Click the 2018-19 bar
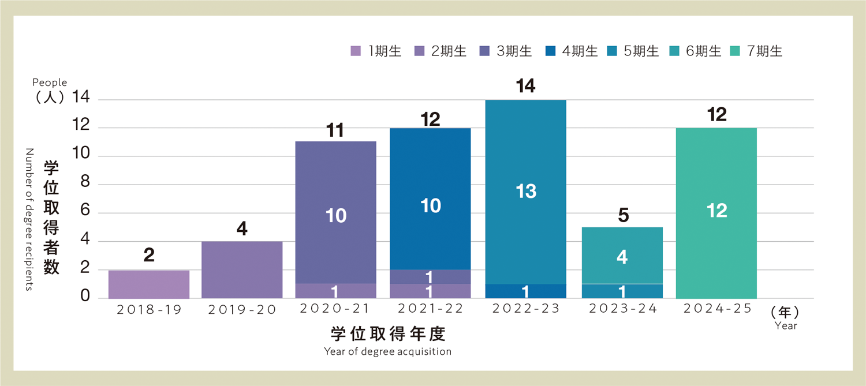pyautogui.click(x=149, y=284)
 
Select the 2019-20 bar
pyautogui.click(x=242, y=269)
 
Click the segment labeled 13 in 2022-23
pyautogui.click(x=526, y=192)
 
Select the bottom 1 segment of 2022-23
pyautogui.click(x=526, y=291)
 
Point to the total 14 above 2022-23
pyautogui.click(x=526, y=87)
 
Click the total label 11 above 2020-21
pyautogui.click(x=335, y=130)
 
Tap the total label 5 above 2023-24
pyautogui.click(x=622, y=216)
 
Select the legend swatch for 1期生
pyautogui.click(x=356, y=51)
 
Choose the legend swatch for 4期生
pyautogui.click(x=550, y=51)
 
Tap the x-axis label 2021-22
pyautogui.click(x=431, y=309)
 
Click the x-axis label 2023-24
pyautogui.click(x=622, y=309)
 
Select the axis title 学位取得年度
pyautogui.click(x=388, y=334)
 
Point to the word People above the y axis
pyautogui.click(x=50, y=83)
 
